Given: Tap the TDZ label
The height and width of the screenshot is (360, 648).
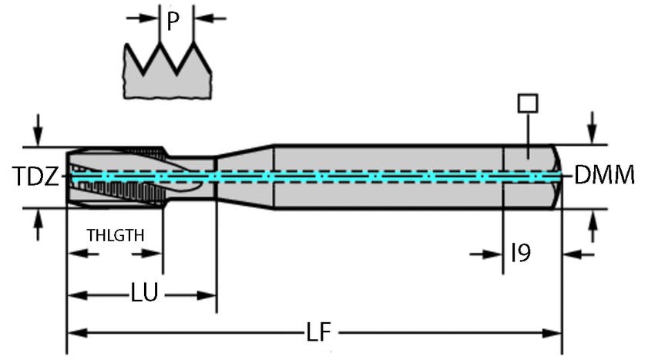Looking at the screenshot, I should (x=35, y=177).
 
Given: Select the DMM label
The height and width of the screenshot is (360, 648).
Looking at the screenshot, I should (x=605, y=176).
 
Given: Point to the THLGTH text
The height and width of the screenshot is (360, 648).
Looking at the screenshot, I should (x=115, y=234).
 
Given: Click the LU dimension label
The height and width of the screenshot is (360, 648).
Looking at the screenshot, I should (x=144, y=294).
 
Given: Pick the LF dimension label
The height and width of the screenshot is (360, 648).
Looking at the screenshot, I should (x=317, y=332).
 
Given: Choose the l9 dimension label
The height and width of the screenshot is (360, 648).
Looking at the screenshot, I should (x=521, y=253).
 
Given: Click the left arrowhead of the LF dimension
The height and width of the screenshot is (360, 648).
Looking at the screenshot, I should (x=76, y=333).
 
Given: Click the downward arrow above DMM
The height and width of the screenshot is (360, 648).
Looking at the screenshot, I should (x=592, y=126).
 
